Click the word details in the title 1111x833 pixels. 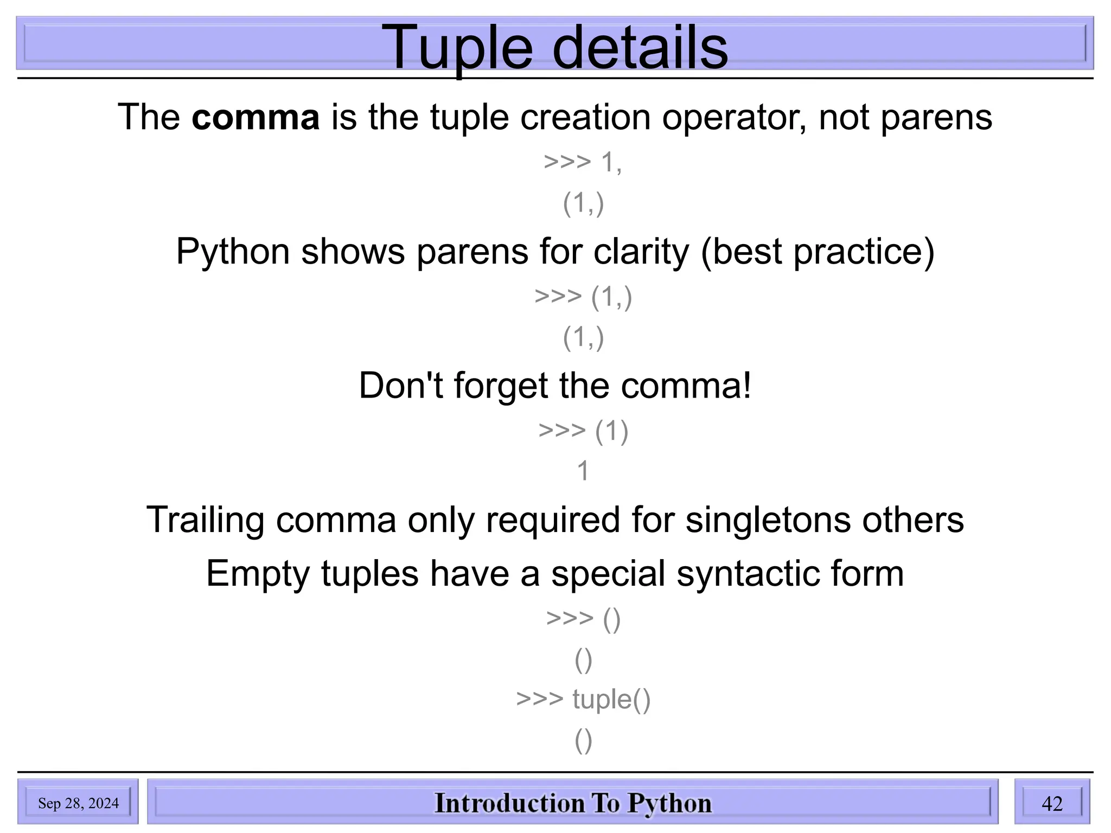640,49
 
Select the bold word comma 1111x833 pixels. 256,117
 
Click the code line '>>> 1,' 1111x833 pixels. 583,162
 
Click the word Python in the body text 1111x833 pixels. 233,252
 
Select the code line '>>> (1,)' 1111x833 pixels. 583,297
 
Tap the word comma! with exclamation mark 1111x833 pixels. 686,386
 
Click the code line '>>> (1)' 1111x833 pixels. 583,431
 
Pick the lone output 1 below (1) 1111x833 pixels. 583,471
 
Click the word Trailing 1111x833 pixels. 205,520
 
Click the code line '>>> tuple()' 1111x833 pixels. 583,699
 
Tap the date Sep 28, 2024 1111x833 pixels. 78,803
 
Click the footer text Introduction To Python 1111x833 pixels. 573,803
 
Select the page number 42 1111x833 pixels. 1052,803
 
